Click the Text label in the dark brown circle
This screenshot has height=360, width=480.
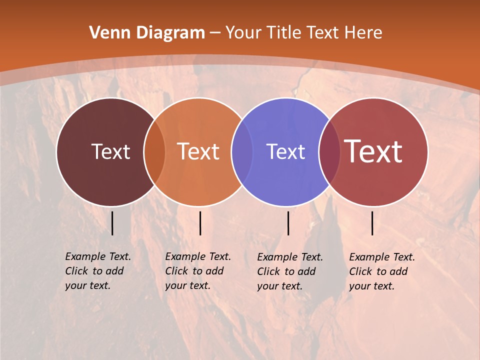tap(110, 151)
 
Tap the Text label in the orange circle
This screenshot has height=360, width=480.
tap(198, 151)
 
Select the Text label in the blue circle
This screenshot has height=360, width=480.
tap(285, 151)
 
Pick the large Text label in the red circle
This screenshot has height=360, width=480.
tap(373, 151)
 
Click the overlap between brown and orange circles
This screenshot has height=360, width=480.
tap(154, 152)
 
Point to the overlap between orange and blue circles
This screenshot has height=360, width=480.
tap(242, 152)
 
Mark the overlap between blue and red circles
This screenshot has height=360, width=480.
tap(329, 152)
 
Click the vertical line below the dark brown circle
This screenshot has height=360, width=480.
tap(112, 223)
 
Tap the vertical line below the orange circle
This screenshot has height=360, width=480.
tap(200, 223)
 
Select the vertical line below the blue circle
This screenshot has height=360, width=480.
tap(288, 223)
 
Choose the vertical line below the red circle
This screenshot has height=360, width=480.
tap(372, 223)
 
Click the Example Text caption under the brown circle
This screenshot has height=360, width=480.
tap(97, 271)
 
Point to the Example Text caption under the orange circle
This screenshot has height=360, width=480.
tap(197, 271)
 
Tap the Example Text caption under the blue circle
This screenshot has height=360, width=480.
tap(289, 271)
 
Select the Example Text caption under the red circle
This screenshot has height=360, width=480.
tap(381, 271)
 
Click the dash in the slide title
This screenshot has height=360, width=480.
tap(215, 33)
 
